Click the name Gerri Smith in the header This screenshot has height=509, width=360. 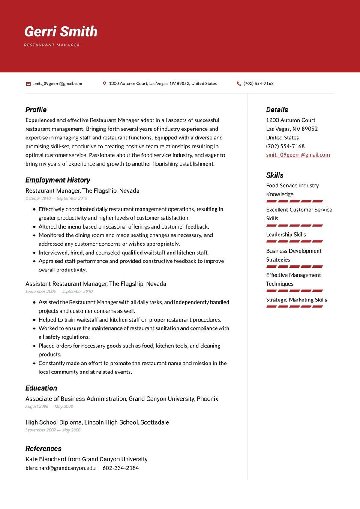(x=61, y=32)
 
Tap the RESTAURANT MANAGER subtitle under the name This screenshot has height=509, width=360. (x=52, y=45)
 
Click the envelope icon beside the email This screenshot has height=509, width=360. (x=28, y=84)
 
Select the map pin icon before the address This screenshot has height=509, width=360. (x=105, y=84)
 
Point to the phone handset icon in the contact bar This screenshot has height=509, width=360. (x=239, y=84)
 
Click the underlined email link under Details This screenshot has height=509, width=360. (x=297, y=155)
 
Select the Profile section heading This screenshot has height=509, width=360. (x=36, y=110)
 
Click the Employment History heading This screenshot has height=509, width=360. (x=57, y=180)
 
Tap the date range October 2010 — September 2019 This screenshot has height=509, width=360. (x=56, y=199)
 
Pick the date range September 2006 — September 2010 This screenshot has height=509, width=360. (x=59, y=292)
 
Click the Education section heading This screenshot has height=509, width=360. (x=41, y=388)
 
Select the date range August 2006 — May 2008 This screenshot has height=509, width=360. (x=49, y=407)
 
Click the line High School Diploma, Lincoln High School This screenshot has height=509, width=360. (x=97, y=422)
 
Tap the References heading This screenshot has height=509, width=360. (x=43, y=449)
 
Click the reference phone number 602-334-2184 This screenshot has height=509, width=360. (x=120, y=468)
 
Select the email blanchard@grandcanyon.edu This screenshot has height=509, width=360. (x=60, y=468)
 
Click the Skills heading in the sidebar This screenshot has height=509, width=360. (x=275, y=175)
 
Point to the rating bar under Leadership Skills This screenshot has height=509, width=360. (x=294, y=241)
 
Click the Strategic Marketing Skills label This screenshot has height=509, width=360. (x=296, y=300)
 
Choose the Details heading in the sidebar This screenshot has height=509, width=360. (x=277, y=110)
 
